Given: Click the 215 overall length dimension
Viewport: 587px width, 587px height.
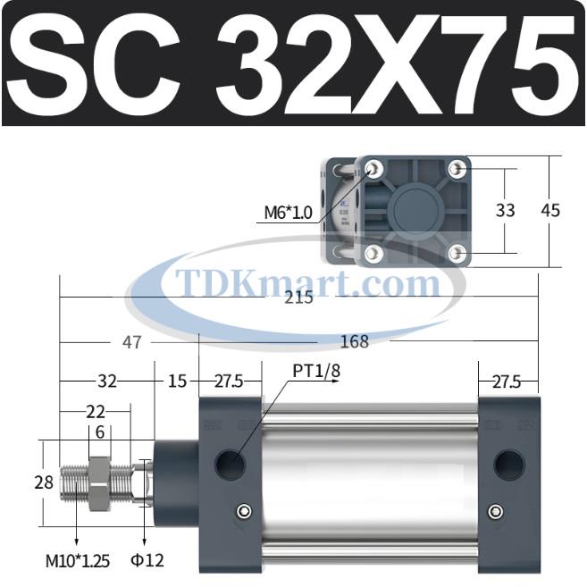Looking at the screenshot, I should (299, 298).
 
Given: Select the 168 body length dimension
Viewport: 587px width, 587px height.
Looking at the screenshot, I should (354, 340).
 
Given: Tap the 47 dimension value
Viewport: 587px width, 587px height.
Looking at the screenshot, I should (131, 340).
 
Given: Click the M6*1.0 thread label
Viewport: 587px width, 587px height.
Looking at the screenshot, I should (288, 213).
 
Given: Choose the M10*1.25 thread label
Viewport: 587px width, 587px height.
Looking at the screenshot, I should (78, 562).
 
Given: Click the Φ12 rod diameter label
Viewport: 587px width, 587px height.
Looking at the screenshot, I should (147, 562).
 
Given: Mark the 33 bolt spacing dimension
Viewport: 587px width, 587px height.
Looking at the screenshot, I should (506, 211).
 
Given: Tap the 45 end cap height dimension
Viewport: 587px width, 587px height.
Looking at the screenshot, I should (550, 211).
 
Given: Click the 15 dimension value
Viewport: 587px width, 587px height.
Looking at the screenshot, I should (177, 382).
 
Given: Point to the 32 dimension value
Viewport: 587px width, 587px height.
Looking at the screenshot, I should (107, 382).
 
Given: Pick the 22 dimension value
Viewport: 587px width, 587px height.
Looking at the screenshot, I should (96, 412).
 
